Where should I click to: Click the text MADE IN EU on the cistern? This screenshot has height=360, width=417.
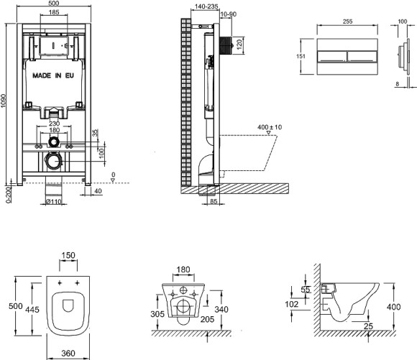53,75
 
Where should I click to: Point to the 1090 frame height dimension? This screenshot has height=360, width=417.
3,101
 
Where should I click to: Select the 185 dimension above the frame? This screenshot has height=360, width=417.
54,12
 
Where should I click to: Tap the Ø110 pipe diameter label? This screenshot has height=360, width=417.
53,202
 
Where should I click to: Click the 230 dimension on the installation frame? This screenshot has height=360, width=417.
54,124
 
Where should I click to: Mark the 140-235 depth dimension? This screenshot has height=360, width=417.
206,6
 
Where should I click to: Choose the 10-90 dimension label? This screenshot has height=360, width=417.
229,14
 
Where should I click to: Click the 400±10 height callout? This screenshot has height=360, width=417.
270,127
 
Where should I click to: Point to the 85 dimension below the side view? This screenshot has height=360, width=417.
214,201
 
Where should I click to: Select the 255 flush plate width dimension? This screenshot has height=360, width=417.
347,22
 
